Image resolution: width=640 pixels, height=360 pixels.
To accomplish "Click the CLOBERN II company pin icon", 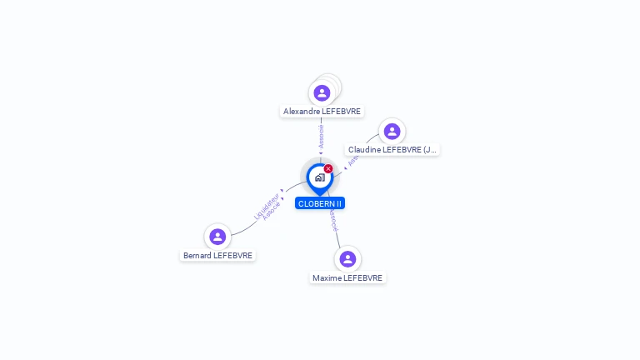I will point(319,177).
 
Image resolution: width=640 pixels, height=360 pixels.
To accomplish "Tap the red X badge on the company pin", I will point(328,168).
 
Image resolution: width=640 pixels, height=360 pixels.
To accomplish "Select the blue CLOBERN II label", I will point(320,203).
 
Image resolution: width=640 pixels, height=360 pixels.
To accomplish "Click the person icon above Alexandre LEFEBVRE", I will point(322,92).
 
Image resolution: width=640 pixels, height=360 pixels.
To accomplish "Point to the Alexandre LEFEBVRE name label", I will point(322,111).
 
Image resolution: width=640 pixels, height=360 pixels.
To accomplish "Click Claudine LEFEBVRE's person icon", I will point(392,131).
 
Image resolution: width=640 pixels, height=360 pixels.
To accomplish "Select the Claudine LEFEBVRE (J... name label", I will point(392,150).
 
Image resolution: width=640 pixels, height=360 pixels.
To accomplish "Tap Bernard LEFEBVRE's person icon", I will point(217,237).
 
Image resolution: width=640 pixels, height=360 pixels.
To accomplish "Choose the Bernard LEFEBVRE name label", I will point(217,256).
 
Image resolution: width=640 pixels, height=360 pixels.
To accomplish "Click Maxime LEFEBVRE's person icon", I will point(347,259).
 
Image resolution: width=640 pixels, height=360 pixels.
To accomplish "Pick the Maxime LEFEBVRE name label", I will point(347,277).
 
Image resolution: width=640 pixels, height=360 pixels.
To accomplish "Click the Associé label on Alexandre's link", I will point(322,136).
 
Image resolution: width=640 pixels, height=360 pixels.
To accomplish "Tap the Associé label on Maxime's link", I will point(332,221).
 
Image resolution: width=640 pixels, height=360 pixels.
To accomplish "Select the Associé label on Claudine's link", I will point(352,160).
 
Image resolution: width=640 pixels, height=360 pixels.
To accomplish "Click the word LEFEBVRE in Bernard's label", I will point(232,256).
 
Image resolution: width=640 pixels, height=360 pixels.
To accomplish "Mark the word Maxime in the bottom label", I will point(327,277).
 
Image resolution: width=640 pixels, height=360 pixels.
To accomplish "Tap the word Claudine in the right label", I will point(364,150).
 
